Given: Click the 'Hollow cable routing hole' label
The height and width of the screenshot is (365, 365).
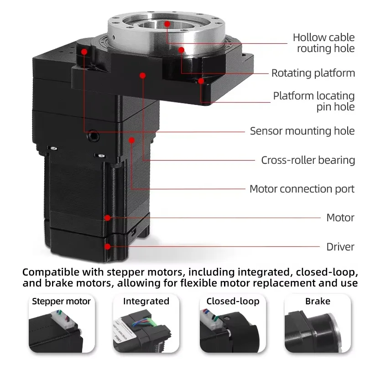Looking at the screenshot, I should coord(323,42).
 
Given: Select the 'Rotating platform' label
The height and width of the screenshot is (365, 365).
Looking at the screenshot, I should coord(313,73).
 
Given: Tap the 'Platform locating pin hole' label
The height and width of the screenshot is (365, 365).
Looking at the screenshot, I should coord(313,101).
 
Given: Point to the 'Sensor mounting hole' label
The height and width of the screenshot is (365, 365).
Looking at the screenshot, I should coord(302,131).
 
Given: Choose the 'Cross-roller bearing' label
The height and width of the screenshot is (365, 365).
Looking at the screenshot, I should coord(308,160).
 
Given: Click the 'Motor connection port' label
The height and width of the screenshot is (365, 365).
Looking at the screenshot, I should coord(302,189).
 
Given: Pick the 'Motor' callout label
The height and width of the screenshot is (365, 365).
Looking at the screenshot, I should coord(340,218).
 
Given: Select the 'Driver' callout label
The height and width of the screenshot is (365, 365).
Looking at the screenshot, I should coord(340,247).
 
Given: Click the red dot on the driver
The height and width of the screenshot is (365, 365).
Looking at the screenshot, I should coord(108,246).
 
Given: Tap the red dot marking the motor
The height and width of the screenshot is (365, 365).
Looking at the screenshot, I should coord(108,218).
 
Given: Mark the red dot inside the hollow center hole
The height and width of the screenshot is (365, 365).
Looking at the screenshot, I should coord(167,23).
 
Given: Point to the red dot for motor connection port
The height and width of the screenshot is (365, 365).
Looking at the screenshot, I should coord(132,139).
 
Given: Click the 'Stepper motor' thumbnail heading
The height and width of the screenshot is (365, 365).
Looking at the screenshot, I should coord(61,301).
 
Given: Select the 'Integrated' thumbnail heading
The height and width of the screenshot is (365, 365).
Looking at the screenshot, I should coord(146,301).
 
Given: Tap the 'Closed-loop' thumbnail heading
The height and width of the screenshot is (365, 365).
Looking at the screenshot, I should coord(233,301).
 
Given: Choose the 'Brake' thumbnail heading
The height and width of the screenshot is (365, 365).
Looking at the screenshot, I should coord(318,301).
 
